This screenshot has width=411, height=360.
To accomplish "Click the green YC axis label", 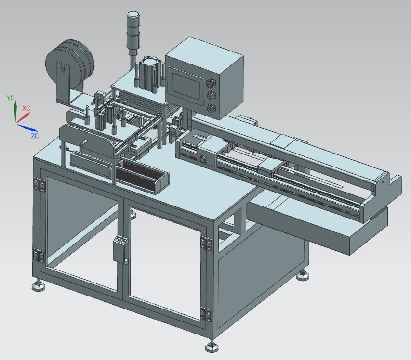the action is click(x=11, y=98).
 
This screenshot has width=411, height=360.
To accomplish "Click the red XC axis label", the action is click(x=26, y=108).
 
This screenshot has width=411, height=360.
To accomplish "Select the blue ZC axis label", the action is click(x=35, y=136).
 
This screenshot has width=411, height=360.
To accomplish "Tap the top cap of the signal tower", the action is click(x=133, y=14).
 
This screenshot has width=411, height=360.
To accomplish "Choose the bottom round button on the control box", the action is click(x=211, y=108).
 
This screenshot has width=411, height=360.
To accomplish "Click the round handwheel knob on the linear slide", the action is click(x=203, y=159).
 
